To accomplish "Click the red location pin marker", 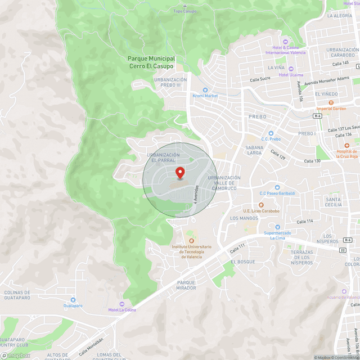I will (x=180, y=172).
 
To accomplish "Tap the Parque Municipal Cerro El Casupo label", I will (x=151, y=62).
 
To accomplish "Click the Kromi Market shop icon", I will (x=205, y=89).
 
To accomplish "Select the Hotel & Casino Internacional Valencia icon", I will (x=285, y=42).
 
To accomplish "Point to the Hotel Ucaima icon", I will (x=291, y=69).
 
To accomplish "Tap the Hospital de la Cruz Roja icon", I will (x=347, y=145).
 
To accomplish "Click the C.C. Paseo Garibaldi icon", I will (x=277, y=188).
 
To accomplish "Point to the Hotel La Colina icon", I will (x=122, y=304).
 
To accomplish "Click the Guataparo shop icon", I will (x=73, y=300).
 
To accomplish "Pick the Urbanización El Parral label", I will (x=163, y=157).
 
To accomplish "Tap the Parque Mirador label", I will (x=186, y=285).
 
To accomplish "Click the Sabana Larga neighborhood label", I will (x=254, y=149).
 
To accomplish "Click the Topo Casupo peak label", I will (x=185, y=11).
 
